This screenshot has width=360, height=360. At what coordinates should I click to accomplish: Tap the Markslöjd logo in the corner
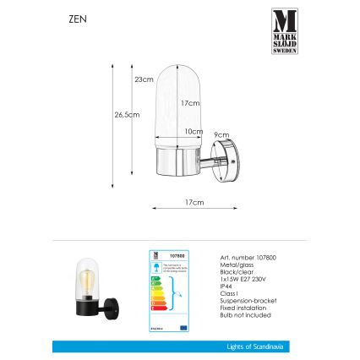284,31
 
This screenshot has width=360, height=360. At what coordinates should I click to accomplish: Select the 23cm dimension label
145,79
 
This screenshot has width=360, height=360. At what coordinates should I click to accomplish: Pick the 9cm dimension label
221,134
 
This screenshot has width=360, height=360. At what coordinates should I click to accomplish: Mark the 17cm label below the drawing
194,203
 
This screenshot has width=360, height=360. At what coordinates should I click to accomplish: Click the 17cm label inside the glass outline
191,103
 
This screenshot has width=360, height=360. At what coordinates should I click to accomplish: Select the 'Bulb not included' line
233,315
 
